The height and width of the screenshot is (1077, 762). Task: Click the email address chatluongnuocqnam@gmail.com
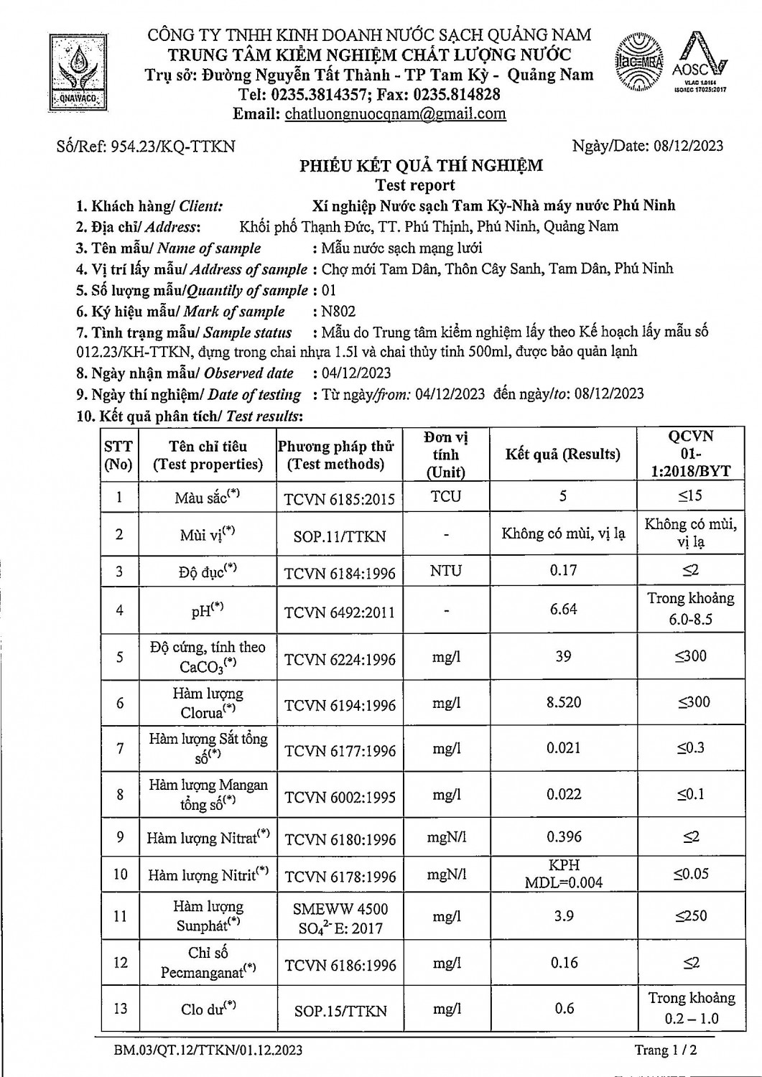point(395,113)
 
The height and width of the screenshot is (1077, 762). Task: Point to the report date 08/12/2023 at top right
point(689,146)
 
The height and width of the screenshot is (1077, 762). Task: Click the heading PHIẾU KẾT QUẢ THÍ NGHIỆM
point(421,166)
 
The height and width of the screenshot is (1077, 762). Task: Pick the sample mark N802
point(339,312)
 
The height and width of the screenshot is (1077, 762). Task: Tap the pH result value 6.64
point(563,609)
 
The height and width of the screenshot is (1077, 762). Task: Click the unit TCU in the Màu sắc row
point(446,497)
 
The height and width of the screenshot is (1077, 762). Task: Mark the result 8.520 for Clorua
point(564,702)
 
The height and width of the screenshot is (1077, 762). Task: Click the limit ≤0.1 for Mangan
point(690,794)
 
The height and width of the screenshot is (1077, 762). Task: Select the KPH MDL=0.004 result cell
point(564,874)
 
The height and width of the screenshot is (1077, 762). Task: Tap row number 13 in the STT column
point(119,1008)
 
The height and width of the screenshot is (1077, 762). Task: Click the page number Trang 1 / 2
point(665,1050)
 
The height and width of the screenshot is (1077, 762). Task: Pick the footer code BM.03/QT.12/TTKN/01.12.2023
point(208,1050)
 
